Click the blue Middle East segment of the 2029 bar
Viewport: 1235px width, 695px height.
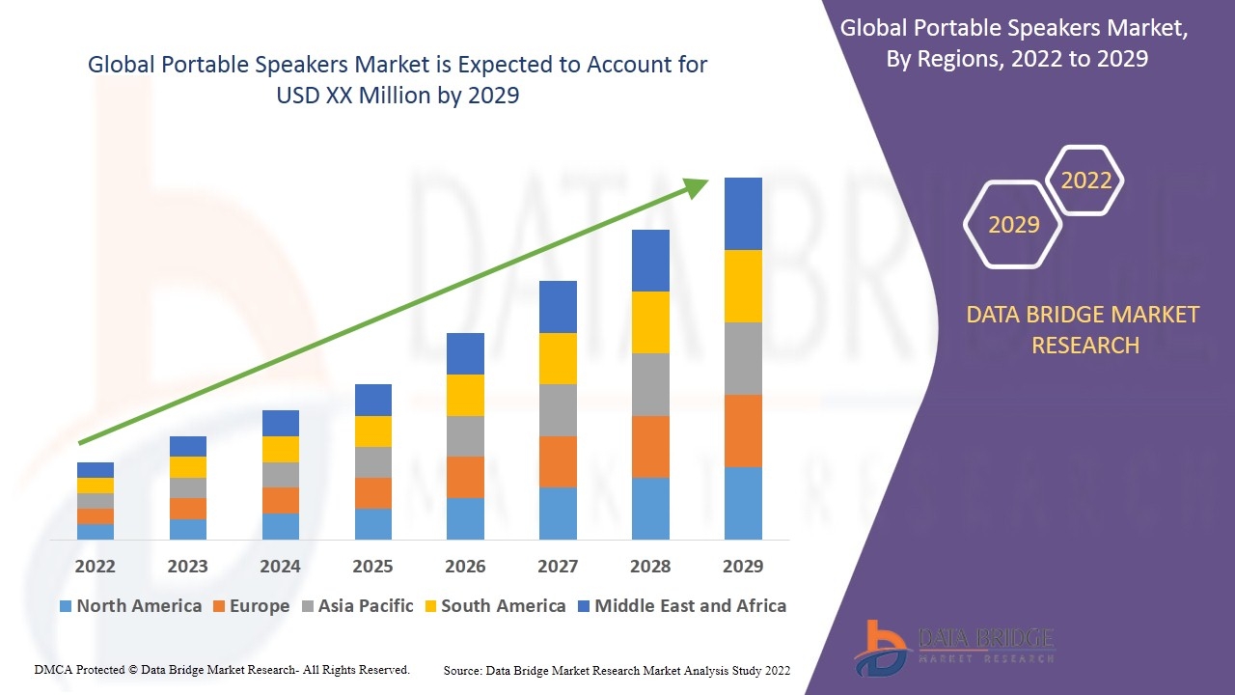743,213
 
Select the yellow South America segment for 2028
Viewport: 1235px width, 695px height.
650,322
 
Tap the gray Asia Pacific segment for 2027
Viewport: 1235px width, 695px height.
558,410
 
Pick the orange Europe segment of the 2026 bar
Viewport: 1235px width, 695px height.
465,477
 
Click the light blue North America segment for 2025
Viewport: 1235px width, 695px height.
373,523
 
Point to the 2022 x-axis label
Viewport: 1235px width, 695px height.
96,567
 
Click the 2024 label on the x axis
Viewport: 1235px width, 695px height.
280,567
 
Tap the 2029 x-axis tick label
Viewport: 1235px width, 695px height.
743,567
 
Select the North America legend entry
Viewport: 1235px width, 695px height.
130,606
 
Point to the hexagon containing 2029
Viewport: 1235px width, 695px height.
1013,225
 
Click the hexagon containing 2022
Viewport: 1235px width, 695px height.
1086,181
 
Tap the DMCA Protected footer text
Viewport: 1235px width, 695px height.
222,669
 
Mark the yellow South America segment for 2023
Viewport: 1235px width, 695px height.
188,467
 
